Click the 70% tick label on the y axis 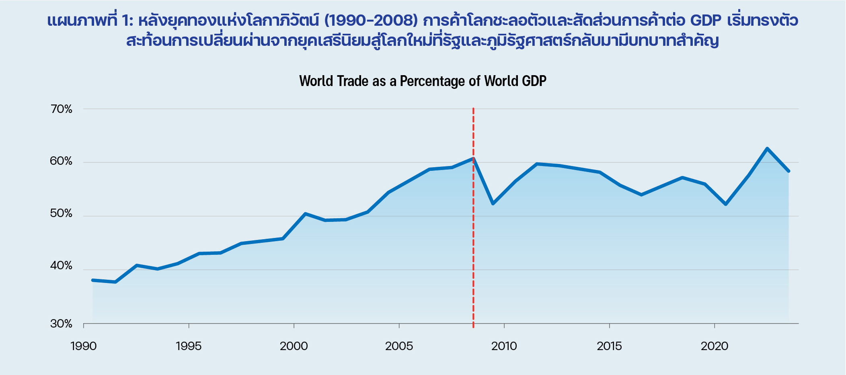[61, 109]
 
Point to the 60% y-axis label [61, 161]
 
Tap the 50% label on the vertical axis [61, 213]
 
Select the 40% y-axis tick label [61, 266]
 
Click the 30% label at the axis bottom [61, 324]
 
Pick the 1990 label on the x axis [84, 346]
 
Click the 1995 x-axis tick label [189, 346]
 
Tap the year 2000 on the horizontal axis [294, 346]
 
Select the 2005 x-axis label [399, 346]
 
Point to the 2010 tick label [504, 346]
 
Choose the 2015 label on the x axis [609, 346]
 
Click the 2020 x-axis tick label [715, 346]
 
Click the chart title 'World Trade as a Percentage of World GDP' [423, 81]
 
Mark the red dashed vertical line [473, 241]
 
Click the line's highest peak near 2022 [767, 148]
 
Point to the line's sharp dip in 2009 [493, 203]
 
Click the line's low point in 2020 [726, 204]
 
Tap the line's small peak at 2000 [305, 213]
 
